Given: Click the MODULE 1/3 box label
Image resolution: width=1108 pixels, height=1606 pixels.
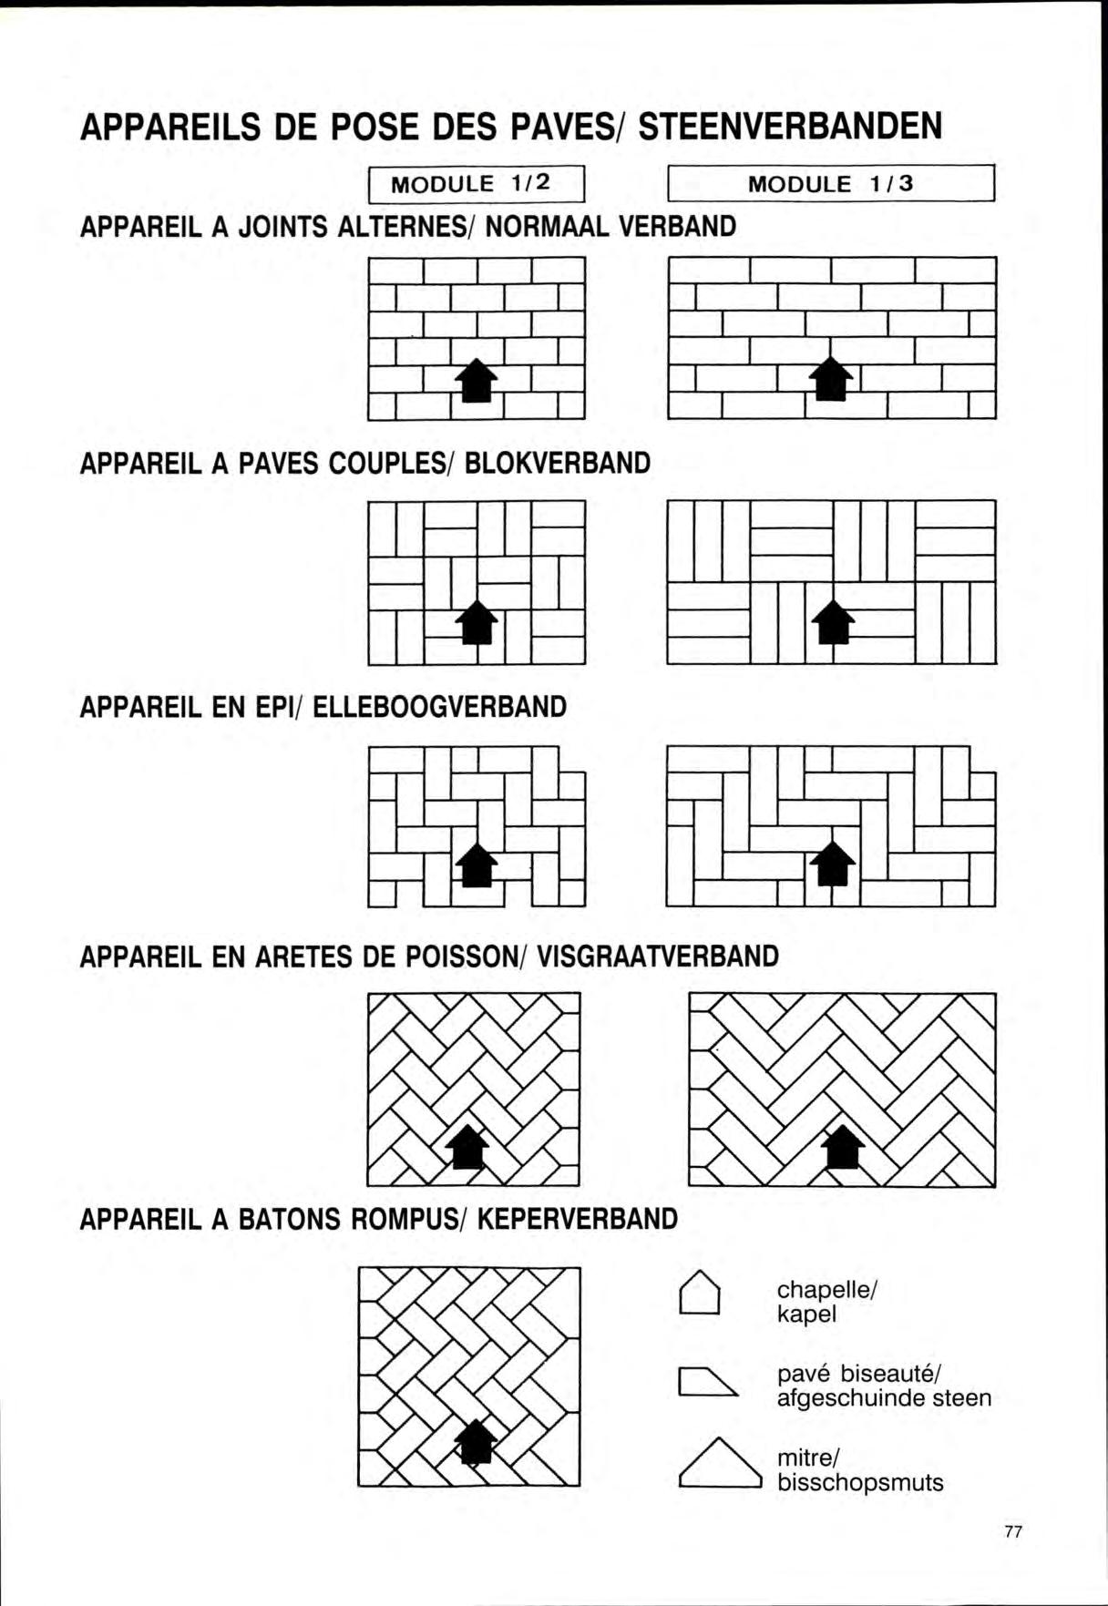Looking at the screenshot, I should pos(831,184).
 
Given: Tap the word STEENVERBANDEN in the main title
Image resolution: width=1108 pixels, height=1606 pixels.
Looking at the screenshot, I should pos(791,127).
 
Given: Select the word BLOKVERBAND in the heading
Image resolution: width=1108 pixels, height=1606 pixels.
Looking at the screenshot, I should pos(559,464).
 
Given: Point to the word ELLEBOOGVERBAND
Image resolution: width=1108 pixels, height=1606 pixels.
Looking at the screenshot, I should pos(440,707).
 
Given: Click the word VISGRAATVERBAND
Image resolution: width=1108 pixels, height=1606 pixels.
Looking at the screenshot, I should pos(659,956).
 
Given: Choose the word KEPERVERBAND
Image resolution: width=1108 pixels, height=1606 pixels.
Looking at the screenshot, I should pos(578,1219).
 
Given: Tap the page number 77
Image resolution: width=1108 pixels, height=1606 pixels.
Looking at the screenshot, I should pos(1012,1532).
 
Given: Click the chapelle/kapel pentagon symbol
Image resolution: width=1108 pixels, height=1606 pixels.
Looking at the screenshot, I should pos(700,1294).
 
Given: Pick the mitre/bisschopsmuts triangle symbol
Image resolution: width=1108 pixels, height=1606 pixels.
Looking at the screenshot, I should pos(719,1463).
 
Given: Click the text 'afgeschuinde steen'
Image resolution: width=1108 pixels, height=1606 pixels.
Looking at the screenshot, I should pos(884,1398).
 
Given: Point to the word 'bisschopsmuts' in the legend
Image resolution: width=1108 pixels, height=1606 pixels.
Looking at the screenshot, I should pos(860,1482).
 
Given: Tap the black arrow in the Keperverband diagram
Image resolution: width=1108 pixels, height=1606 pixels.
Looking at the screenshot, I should pos(475,1441).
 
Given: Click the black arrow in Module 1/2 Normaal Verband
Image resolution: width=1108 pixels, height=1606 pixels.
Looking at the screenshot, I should pos(477,380).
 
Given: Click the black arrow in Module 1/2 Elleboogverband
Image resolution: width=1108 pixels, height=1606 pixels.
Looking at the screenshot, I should pos(477,864).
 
